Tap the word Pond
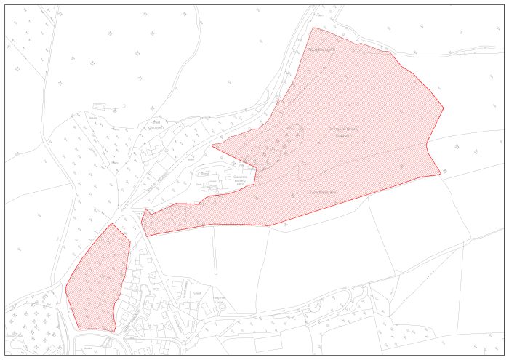click(204, 175)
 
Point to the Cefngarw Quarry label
click(344, 129)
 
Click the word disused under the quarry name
click(343, 135)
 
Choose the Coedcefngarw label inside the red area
click(325, 191)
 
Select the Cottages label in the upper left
click(155, 124)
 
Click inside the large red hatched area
click(349, 160)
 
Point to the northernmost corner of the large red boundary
click(313, 28)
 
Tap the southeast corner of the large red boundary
click(441, 174)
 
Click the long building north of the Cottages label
click(109, 106)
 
